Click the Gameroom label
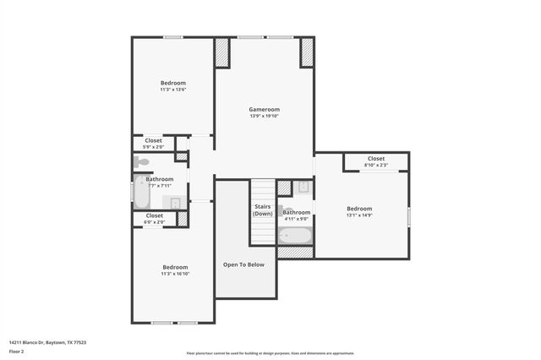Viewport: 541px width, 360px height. pyautogui.click(x=264, y=109)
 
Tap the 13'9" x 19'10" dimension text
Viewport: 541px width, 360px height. pyautogui.click(x=264, y=117)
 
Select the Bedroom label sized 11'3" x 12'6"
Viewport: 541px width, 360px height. pyautogui.click(x=172, y=83)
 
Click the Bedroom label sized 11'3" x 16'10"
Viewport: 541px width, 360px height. pyautogui.click(x=175, y=266)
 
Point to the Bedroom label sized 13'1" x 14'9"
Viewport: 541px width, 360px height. pyautogui.click(x=359, y=208)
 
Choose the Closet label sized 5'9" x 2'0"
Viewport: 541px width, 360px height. pyautogui.click(x=153, y=140)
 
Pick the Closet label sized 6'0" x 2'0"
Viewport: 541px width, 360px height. pyautogui.click(x=154, y=215)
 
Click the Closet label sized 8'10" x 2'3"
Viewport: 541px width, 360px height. pyautogui.click(x=375, y=158)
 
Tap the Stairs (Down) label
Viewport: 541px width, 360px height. pyautogui.click(x=262, y=210)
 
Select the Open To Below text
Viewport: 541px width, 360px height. pyautogui.click(x=243, y=265)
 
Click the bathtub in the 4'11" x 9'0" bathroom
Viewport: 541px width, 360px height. pyautogui.click(x=295, y=234)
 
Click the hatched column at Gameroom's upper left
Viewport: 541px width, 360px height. pyautogui.click(x=222, y=53)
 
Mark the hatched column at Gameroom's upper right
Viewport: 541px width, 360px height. pyautogui.click(x=307, y=53)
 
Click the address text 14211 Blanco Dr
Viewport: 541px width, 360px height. pyautogui.click(x=47, y=342)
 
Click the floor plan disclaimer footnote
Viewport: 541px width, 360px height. pyautogui.click(x=270, y=353)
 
